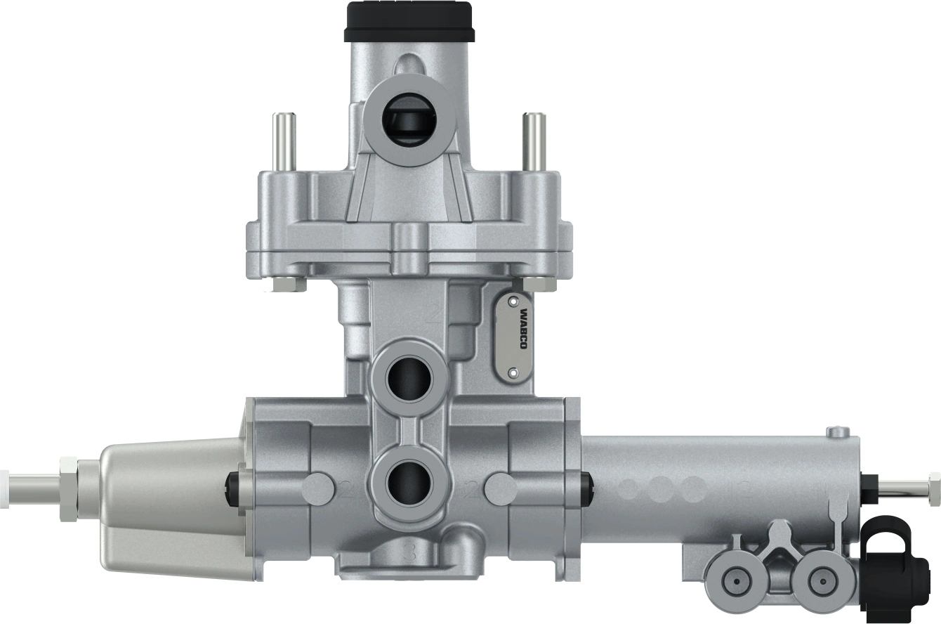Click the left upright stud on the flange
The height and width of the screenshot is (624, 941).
point(285,140)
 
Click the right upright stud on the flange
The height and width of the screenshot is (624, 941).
point(534,140)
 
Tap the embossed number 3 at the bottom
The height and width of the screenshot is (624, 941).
point(412,553)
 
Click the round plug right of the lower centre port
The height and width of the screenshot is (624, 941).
point(501,486)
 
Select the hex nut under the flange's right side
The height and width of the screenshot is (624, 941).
point(539,284)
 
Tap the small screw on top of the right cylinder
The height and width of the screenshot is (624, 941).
point(837,431)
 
